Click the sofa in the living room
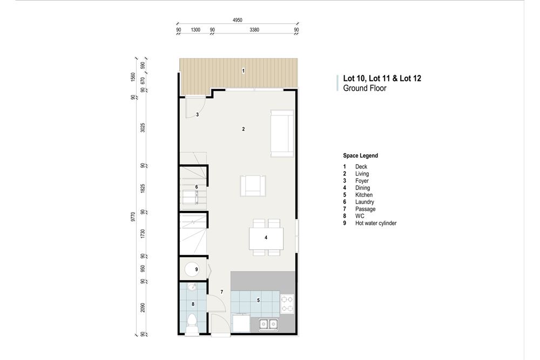pyautogui.click(x=282, y=133)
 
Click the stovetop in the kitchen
pyautogui.click(x=287, y=303)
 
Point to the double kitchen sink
pyautogui.click(x=268, y=324)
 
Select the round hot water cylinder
pyautogui.click(x=193, y=269)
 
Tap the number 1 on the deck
pyautogui.click(x=244, y=71)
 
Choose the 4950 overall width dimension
pyautogui.click(x=238, y=20)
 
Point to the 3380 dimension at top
pyautogui.click(x=254, y=30)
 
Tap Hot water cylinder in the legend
pyautogui.click(x=375, y=223)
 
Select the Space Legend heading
pyautogui.click(x=360, y=155)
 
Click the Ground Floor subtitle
pyautogui.click(x=364, y=88)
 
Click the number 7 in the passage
pyautogui.click(x=221, y=292)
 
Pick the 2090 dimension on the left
pyautogui.click(x=143, y=307)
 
